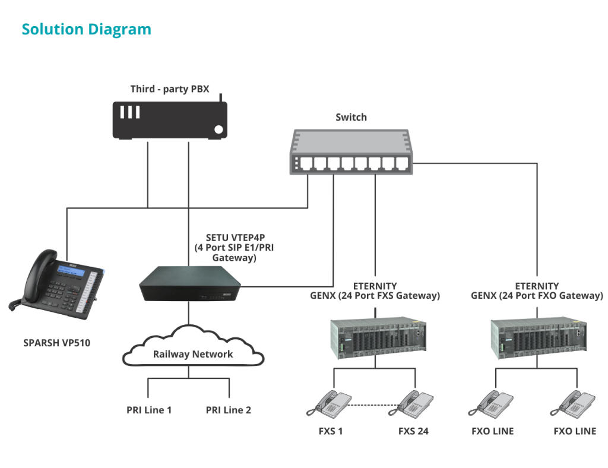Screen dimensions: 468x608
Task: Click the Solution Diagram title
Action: [86, 29]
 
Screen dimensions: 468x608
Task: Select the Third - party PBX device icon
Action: [170, 119]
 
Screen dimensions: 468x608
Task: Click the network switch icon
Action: [351, 151]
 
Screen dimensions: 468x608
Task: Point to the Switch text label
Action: [351, 117]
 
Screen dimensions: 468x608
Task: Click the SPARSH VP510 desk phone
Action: [57, 282]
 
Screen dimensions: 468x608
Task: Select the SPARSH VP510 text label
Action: [57, 343]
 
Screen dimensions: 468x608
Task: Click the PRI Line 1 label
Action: [149, 410]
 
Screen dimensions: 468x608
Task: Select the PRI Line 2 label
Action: [229, 410]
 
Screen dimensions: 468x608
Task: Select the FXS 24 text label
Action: [413, 431]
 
